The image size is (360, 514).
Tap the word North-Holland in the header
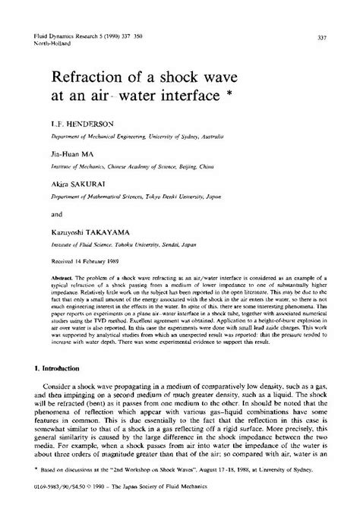coord(46,45)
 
